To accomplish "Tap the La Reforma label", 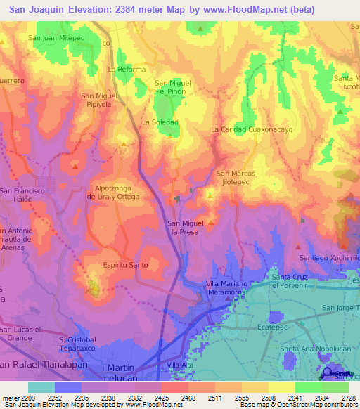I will [x=127, y=70].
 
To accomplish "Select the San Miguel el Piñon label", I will [x=173, y=87].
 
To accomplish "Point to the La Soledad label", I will [x=160, y=122].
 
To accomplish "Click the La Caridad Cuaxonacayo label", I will [x=252, y=130].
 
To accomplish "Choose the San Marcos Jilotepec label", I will [x=236, y=177].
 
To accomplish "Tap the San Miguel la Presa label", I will [x=185, y=227].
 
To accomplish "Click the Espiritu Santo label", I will [x=126, y=265].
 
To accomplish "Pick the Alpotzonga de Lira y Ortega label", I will [x=113, y=193].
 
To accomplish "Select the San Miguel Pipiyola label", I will [x=98, y=100].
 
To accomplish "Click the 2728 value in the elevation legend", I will [x=349, y=396].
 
